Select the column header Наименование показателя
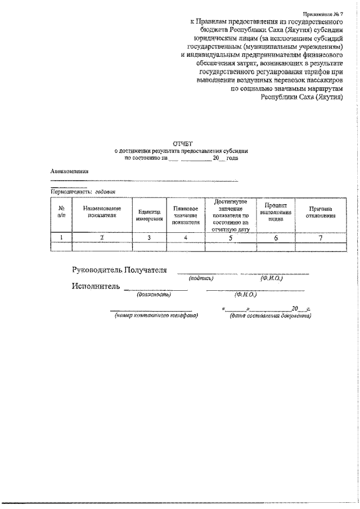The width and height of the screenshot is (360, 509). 102,211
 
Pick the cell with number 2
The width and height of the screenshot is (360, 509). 102,237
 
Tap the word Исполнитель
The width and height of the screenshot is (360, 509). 96,286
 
